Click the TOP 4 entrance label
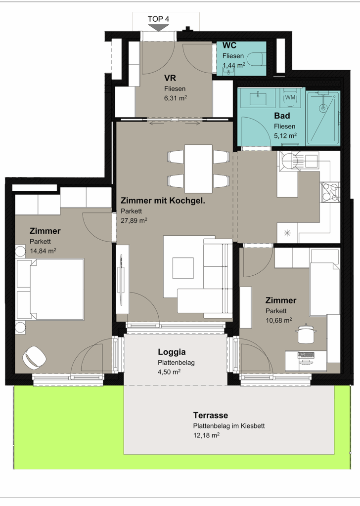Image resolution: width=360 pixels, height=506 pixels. coord(158,19)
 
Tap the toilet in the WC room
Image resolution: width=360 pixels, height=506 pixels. coord(256,59)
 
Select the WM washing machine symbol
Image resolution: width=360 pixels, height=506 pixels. coord(290,97)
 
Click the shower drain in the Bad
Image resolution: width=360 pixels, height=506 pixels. coord(323,108)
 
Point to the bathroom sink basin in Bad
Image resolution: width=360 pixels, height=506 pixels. coord(258,97)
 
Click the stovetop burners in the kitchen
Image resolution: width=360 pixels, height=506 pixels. coord(330,192)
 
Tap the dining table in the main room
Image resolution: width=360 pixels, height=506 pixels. coord(198,169)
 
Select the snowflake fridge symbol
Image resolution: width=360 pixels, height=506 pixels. coord(287,233)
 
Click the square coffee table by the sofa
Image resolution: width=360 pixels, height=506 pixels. coord(183,267)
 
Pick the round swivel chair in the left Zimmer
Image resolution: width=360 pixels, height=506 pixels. coord(34,357)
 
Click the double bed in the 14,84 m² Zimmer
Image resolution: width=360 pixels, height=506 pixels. coord(51,289)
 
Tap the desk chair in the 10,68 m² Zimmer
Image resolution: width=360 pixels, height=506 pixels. coord(305,335)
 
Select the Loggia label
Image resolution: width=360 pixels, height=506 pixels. coord(172,352)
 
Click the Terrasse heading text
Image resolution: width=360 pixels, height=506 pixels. coord(211,415)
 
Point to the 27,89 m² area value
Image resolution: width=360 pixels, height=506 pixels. coord(134,220)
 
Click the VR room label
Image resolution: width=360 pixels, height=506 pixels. coord(170,78)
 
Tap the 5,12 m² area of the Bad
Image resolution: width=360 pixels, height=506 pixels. coord(285,135)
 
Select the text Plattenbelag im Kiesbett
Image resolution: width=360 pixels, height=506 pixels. coord(229,426)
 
